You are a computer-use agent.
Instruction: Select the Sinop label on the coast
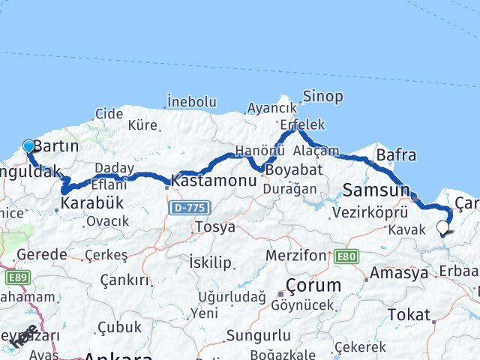coord(322,96)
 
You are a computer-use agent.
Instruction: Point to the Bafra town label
coord(396,155)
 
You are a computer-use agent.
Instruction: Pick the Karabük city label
coord(91,202)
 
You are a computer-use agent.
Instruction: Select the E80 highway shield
coord(346,256)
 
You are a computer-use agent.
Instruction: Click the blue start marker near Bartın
coord(28,145)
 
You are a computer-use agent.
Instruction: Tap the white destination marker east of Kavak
coord(443,227)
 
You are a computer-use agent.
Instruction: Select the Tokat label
coord(409,315)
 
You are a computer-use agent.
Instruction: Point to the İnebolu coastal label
coord(191,101)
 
